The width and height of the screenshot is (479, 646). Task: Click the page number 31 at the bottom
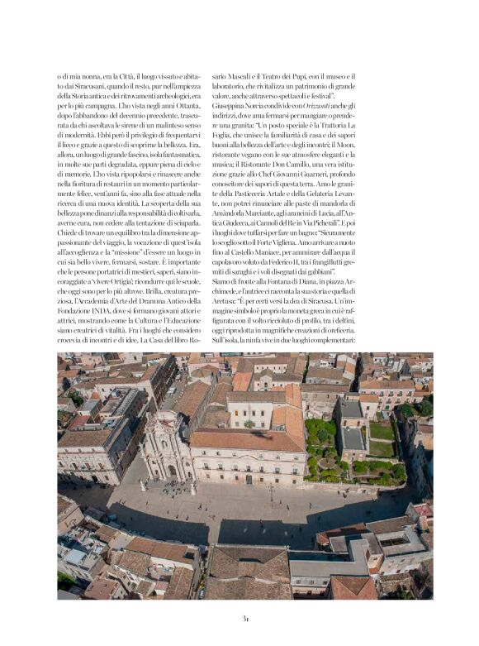coord(245,617)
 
